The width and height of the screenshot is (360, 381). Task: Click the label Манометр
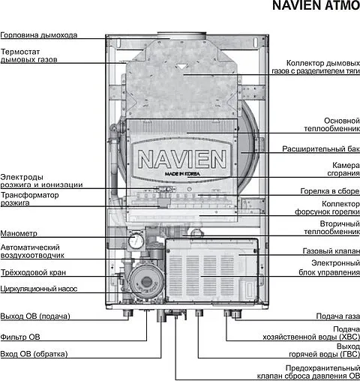(19, 232)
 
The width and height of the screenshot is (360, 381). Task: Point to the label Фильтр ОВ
(20, 336)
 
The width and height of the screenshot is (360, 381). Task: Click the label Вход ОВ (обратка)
(34, 353)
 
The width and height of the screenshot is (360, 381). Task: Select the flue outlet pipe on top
(180, 35)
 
